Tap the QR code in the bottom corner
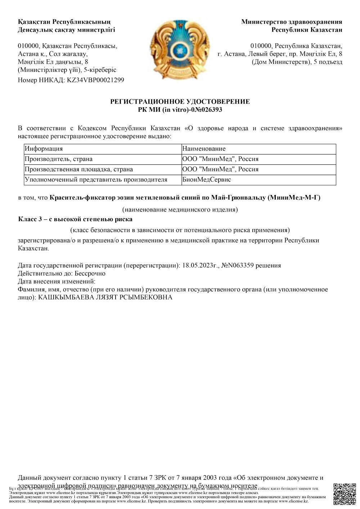pos(345,495)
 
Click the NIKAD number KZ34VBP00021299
pos(96,80)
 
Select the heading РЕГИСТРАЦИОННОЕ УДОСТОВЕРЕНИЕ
pos(180,102)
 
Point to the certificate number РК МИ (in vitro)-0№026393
pos(180,110)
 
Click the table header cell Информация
pos(44,149)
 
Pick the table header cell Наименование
pos(204,149)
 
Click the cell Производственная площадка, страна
pos(78,169)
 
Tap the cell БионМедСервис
pos(207,179)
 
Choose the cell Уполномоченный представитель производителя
pos(96,179)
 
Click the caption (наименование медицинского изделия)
pos(180,209)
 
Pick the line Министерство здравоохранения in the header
pos(292,22)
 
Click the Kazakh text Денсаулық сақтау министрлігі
pos(66,30)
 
